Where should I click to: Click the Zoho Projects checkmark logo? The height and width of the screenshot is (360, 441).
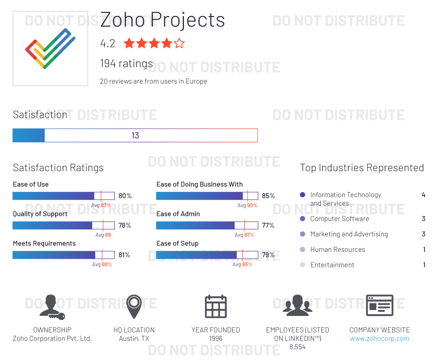pyautogui.click(x=50, y=49)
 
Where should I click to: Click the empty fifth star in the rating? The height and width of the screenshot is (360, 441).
pyautogui.click(x=179, y=44)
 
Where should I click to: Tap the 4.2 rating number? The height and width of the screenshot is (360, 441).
pyautogui.click(x=108, y=44)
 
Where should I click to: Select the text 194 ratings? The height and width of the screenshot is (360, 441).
pyautogui.click(x=126, y=64)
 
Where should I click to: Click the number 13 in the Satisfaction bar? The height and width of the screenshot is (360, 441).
pyautogui.click(x=135, y=136)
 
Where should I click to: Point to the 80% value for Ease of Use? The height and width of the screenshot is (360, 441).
pyautogui.click(x=125, y=196)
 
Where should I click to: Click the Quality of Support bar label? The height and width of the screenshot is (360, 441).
pyautogui.click(x=40, y=214)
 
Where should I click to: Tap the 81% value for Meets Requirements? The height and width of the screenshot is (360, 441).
pyautogui.click(x=124, y=255)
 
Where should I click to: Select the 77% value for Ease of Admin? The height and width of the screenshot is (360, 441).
pyautogui.click(x=268, y=225)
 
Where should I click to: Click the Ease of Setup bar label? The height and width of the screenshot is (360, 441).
pyautogui.click(x=177, y=243)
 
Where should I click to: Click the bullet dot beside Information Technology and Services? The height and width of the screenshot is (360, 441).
pyautogui.click(x=302, y=195)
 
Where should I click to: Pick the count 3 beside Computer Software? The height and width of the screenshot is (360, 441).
pyautogui.click(x=423, y=219)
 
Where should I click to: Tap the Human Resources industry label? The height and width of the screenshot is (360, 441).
pyautogui.click(x=338, y=249)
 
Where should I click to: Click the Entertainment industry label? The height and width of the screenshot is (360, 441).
pyautogui.click(x=332, y=265)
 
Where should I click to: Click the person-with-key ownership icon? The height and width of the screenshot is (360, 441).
pyautogui.click(x=52, y=307)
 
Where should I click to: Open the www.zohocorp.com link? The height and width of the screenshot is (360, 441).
pyautogui.click(x=379, y=338)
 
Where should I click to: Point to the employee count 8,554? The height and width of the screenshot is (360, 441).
pyautogui.click(x=297, y=346)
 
